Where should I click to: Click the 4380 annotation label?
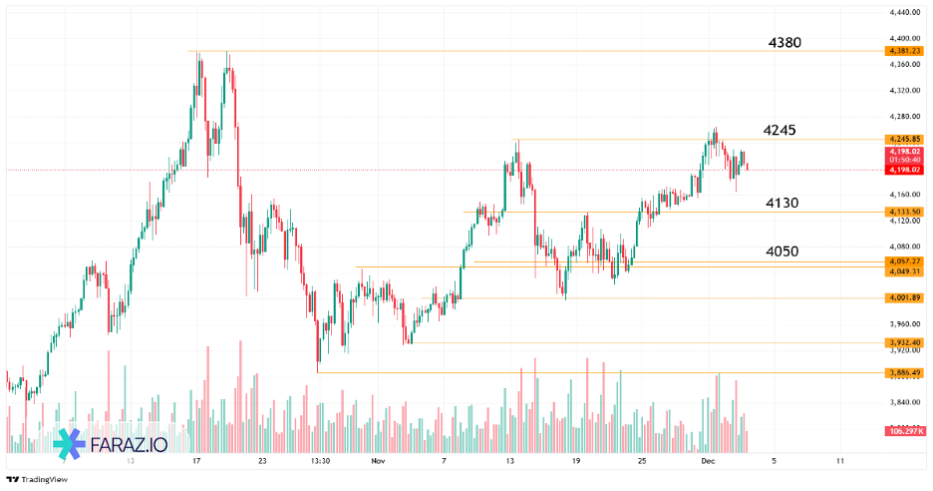pyautogui.click(x=784, y=43)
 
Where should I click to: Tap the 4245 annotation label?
pyautogui.click(x=779, y=130)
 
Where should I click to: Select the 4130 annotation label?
pyautogui.click(x=781, y=203)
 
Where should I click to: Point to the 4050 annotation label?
pyautogui.click(x=781, y=251)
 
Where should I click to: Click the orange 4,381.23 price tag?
pyautogui.click(x=903, y=51)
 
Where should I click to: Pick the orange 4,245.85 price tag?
pyautogui.click(x=903, y=139)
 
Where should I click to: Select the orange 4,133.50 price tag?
pyautogui.click(x=903, y=212)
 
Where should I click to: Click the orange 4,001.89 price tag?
pyautogui.click(x=903, y=297)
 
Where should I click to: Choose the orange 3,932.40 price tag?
pyautogui.click(x=903, y=342)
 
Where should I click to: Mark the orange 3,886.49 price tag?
pyautogui.click(x=903, y=372)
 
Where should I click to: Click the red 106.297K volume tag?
pyautogui.click(x=903, y=431)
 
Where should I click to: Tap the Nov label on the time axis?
pyautogui.click(x=376, y=462)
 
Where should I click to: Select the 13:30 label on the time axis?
pyautogui.click(x=320, y=462)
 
